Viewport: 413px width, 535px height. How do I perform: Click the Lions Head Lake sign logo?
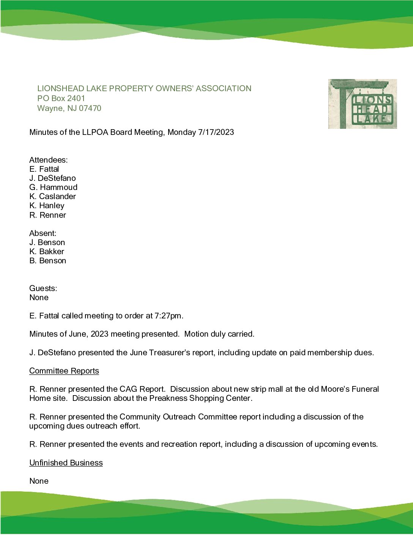363,104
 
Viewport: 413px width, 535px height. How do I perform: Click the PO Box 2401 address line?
61,98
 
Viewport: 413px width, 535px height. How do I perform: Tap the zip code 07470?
90,108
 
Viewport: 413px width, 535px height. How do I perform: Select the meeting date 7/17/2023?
216,132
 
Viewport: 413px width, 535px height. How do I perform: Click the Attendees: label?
49,160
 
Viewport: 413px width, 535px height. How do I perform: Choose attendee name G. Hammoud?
53,187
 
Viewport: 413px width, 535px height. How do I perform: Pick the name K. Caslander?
52,196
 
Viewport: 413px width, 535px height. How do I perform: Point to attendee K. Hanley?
47,206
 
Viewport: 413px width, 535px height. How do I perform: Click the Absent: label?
43,233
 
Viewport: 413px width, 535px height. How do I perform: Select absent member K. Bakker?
47,252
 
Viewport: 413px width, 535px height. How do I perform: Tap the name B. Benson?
47,261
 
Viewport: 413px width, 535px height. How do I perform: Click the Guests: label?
43,288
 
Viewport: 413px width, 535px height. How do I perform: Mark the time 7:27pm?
169,316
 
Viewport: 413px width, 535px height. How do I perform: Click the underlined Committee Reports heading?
64,371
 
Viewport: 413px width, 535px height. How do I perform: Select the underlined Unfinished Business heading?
66,463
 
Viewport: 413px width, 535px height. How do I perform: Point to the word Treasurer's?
170,353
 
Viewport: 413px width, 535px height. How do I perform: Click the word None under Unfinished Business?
39,481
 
